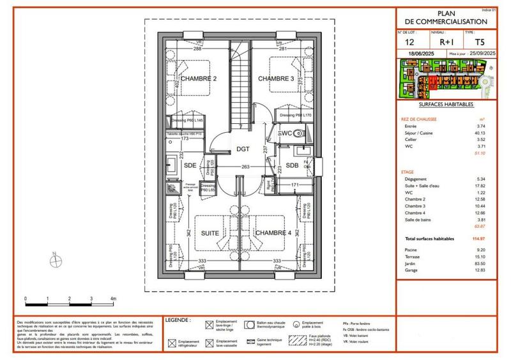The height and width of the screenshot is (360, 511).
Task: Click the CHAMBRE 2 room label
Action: [198, 79]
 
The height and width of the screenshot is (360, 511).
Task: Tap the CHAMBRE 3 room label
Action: [276, 79]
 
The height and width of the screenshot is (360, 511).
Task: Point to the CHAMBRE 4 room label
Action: [273, 234]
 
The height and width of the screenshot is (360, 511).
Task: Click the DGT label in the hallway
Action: [243, 149]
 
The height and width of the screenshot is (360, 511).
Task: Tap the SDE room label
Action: [190, 165]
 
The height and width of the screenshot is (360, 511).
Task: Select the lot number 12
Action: [409, 42]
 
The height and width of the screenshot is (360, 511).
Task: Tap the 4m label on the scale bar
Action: [113, 299]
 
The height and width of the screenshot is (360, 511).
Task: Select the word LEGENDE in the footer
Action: [177, 319]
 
